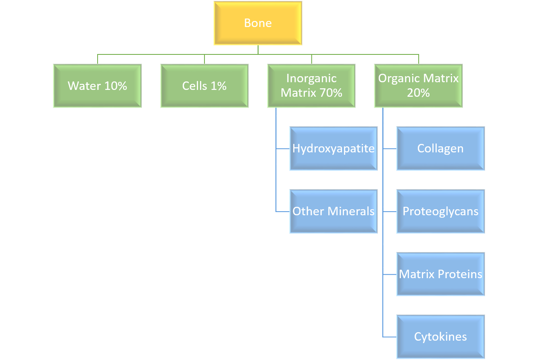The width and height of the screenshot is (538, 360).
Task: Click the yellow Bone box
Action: pos(258,23)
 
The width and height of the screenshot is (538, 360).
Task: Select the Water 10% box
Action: pos(97,86)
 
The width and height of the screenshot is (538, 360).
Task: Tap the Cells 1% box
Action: pos(204,86)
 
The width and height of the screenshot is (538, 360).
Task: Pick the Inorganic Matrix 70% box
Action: pos(311,86)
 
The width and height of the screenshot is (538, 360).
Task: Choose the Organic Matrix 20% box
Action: pos(418,86)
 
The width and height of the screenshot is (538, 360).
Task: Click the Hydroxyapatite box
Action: pos(334,149)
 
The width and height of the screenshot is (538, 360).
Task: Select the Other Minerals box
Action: pos(334,211)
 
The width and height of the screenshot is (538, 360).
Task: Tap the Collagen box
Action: pos(440,149)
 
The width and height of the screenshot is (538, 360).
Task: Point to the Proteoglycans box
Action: pos(440,211)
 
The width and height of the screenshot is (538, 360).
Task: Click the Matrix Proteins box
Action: pos(440,274)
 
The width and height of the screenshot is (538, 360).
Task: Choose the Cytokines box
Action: pos(440,337)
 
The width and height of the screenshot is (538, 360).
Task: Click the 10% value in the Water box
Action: pos(115,86)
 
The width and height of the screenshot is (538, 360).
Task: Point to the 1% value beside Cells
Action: pos(219,86)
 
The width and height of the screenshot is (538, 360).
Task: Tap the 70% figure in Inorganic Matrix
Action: pos(331,93)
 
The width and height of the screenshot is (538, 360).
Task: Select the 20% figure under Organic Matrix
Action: pos(418,93)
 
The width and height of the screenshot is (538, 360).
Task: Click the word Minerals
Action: pos(351,211)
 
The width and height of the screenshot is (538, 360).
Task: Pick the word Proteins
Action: pos(460,274)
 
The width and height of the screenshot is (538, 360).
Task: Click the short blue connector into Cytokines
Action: pos(390,337)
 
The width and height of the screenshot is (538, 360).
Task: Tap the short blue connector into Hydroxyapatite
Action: pos(283,149)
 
